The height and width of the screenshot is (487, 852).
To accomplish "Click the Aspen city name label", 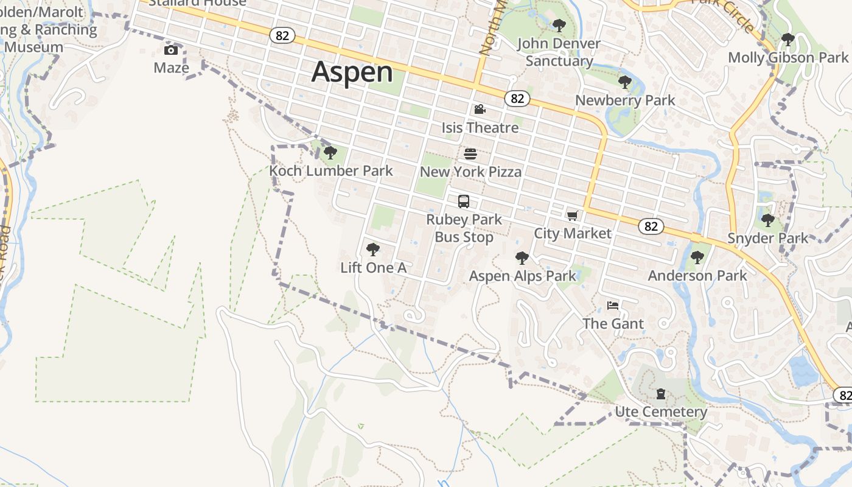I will point(352,72).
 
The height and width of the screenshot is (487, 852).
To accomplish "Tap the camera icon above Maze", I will point(171,50).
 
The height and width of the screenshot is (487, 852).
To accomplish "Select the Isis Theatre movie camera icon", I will point(480,110).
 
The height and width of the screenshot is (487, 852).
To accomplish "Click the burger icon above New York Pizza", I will point(470,153).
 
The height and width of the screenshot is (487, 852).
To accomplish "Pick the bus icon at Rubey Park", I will point(464,201).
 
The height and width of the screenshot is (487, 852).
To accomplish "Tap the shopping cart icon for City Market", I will point(572,215).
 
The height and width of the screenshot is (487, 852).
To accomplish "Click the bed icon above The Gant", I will point(613,305).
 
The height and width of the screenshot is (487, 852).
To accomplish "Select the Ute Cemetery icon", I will point(661,394).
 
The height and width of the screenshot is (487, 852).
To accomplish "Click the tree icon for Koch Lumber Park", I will point(330,152).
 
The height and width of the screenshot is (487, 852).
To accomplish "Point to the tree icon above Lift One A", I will point(373,249).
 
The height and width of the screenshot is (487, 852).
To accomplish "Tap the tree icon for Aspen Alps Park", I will point(522,258).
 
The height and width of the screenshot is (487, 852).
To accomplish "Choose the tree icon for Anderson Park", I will point(697,258).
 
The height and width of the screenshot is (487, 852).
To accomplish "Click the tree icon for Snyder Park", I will point(768,220).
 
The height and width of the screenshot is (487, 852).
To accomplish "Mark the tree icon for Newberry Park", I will point(624,82).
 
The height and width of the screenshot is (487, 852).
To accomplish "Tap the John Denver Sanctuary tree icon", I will point(559,26).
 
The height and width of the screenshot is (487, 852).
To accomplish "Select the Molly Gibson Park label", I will point(788,58).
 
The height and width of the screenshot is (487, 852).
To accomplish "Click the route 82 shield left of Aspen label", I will point(282,36).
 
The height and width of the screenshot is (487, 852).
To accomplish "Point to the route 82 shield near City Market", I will point(651,226).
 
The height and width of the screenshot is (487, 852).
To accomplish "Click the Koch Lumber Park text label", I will point(331,171).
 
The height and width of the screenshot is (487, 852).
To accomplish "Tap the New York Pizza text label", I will point(470,172).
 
